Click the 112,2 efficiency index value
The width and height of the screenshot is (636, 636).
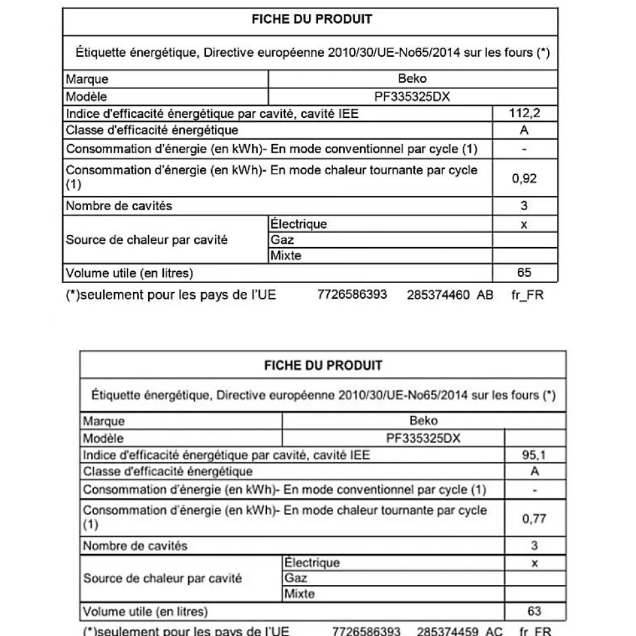coord(525,113)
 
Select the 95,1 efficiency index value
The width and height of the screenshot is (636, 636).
coord(534,455)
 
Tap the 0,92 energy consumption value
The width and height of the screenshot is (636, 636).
coord(525,178)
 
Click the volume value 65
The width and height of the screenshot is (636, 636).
coord(525,272)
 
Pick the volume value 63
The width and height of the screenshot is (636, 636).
coord(534,611)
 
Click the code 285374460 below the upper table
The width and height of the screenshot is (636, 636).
coord(438,295)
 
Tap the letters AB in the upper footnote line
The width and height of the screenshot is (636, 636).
coord(485,295)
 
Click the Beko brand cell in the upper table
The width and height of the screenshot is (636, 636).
coord(412,79)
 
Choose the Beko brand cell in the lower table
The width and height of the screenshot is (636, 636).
coord(423,421)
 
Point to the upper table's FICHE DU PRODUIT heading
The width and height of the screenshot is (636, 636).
coord(311,19)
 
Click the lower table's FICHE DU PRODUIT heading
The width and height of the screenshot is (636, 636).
coord(323,365)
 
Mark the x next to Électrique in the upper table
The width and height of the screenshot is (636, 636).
coord(525,224)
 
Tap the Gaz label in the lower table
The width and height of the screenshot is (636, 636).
coord(296,578)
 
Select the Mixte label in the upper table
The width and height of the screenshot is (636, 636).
coord(286,256)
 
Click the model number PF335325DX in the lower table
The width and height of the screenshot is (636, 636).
coord(423,438)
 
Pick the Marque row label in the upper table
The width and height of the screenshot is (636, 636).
coord(87,79)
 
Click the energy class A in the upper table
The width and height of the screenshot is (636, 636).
coord(525,130)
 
